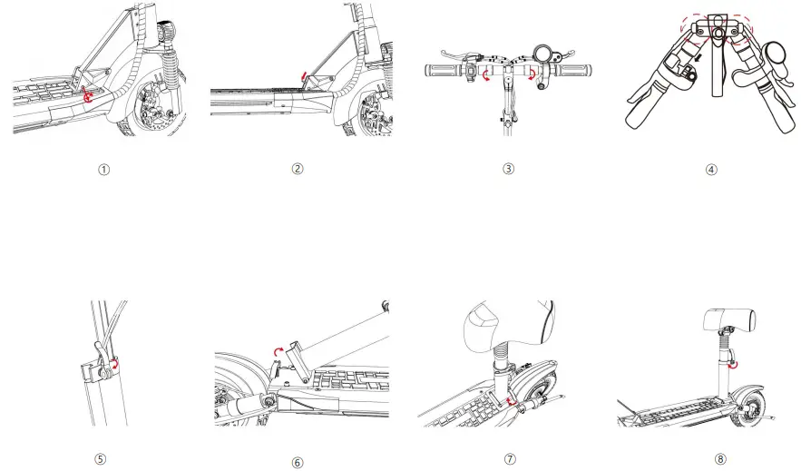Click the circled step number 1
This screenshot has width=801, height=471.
click(x=104, y=169)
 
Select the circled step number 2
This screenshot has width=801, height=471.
click(x=298, y=168)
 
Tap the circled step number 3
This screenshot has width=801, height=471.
click(x=508, y=168)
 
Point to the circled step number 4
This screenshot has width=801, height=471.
click(x=710, y=169)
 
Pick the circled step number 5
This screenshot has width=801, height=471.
click(x=101, y=459)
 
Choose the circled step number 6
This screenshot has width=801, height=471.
click(x=298, y=462)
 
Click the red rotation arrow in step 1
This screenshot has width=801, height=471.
click(x=88, y=93)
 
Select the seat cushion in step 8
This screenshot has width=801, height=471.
click(x=730, y=320)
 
